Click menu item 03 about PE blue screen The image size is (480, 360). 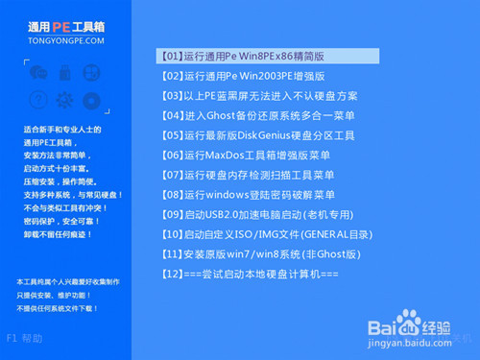(259, 96)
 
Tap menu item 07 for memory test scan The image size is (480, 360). (248, 175)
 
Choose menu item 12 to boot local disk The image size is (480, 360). (250, 275)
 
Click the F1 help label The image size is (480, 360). (25, 338)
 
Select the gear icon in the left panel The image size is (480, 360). (65, 98)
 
